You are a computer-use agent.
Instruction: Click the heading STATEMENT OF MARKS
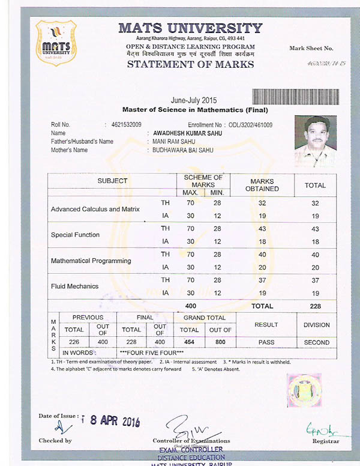point(191,65)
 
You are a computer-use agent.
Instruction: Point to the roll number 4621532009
point(127,125)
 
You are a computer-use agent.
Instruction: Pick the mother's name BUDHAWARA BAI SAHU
point(178,150)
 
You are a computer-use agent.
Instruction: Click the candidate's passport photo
point(314,142)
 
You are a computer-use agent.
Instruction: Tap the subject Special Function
point(75,235)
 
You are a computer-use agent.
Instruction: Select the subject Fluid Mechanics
point(74,286)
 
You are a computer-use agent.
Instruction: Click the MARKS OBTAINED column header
point(262,185)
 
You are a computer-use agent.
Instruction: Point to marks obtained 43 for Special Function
point(262,229)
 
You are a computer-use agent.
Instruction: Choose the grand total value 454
point(189,342)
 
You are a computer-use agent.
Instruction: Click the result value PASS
point(266,342)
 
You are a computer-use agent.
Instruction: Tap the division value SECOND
point(316,342)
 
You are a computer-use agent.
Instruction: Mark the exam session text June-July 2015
point(194,100)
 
